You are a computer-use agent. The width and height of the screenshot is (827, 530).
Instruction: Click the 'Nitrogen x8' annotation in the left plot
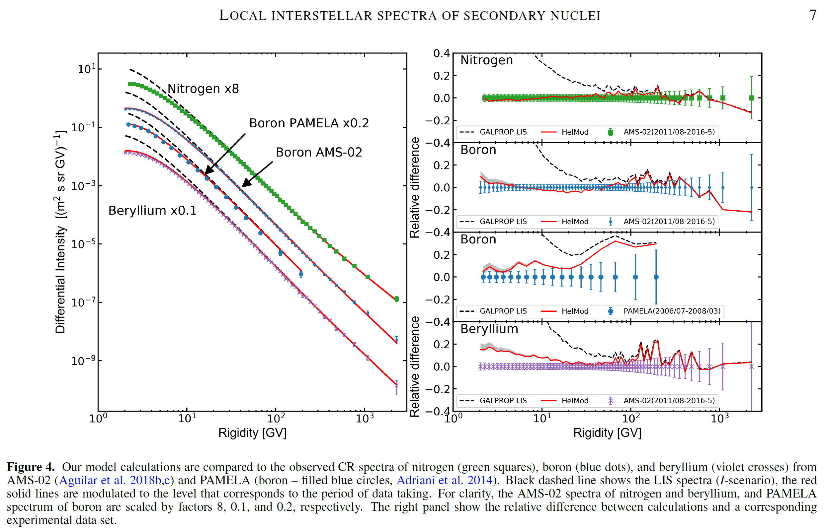tap(203, 89)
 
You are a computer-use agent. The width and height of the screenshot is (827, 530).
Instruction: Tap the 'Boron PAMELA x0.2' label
tap(309, 123)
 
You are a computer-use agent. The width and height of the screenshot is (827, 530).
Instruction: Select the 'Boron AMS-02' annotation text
tap(319, 152)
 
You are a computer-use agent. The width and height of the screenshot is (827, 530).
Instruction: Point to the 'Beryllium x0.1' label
tap(152, 210)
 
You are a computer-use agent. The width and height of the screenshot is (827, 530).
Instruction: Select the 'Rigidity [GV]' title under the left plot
tap(252, 432)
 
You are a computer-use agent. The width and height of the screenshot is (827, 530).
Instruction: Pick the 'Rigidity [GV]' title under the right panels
tap(607, 432)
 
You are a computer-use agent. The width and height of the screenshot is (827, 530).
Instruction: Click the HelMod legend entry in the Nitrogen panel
tap(565, 132)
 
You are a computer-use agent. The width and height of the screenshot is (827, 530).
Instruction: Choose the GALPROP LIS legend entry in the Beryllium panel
tap(493, 401)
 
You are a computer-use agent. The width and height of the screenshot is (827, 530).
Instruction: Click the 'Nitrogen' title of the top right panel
tap(486, 60)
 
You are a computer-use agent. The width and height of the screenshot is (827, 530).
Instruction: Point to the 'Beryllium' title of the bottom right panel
tap(489, 329)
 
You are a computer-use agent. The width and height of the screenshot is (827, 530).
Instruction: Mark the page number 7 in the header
tap(812, 16)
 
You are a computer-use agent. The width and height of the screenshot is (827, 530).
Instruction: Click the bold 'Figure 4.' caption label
tap(31, 467)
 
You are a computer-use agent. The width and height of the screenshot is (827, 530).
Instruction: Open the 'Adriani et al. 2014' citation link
tap(444, 480)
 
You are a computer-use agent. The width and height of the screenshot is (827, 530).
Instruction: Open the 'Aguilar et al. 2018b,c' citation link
tap(114, 480)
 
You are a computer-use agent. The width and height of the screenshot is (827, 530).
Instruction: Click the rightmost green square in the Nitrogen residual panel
tap(752, 98)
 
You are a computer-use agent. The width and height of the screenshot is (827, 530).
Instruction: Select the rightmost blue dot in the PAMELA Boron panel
tap(656, 277)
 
